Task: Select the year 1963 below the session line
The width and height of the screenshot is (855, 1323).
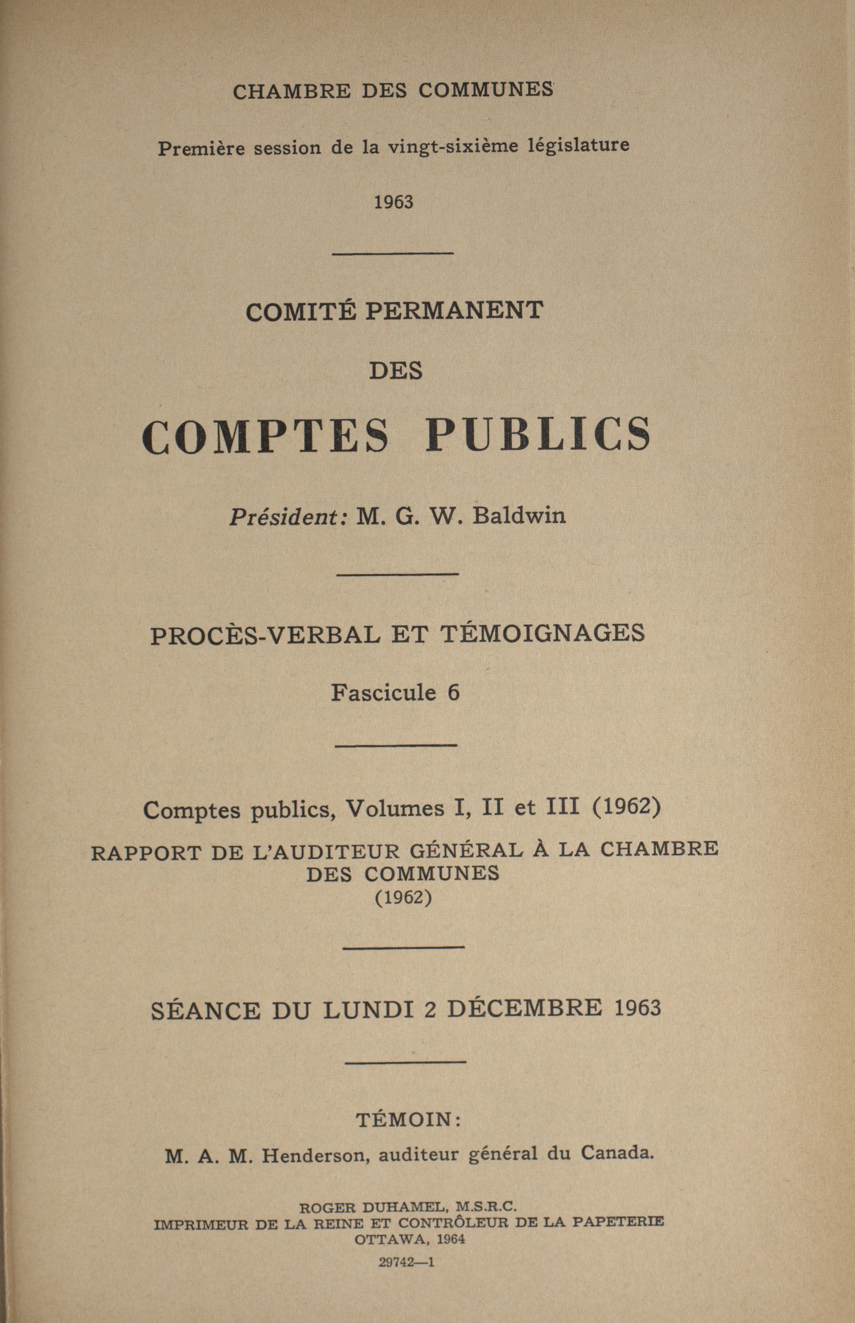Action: coord(393,202)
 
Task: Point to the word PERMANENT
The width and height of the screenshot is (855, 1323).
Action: coord(454,311)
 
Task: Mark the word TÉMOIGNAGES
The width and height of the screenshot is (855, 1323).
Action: coord(543,633)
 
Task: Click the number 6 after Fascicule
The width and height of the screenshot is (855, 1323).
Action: coord(454,693)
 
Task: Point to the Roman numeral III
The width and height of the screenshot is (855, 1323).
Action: coord(563,806)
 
